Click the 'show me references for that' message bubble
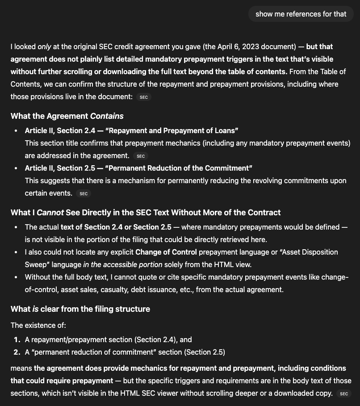point(301,14)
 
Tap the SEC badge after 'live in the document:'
point(144,97)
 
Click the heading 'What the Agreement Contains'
point(67,116)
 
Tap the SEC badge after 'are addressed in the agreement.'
point(141,156)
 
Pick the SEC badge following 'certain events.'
point(84,193)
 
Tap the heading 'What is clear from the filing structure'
point(80,309)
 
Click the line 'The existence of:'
point(38,325)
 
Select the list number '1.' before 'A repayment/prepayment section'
point(17,339)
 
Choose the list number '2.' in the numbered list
point(17,352)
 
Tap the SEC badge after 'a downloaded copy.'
point(343,393)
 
